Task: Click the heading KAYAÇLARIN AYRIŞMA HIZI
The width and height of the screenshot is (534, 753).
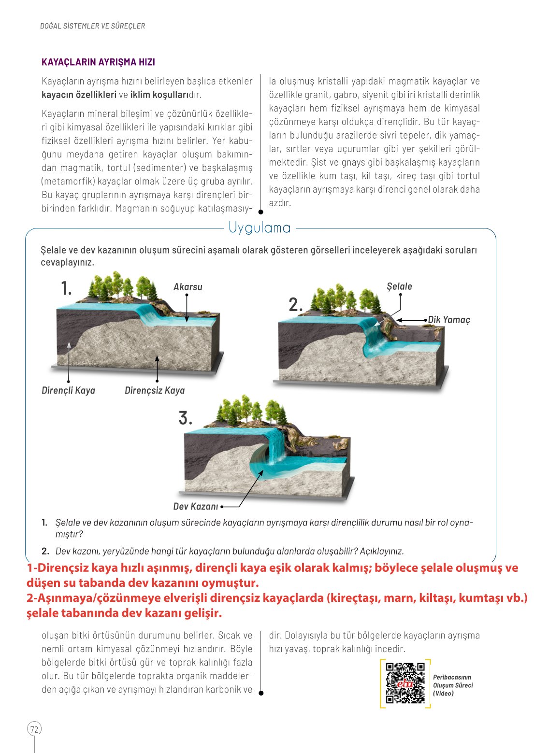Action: coord(98,62)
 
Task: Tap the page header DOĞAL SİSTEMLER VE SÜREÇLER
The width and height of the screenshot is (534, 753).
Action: coord(92,26)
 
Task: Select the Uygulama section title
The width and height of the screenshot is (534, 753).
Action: coord(260,227)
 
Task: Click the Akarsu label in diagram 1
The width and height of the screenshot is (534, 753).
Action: coord(188,287)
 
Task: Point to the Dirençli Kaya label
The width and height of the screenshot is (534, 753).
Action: coord(68,390)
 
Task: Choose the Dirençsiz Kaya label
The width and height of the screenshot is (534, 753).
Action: coord(155,390)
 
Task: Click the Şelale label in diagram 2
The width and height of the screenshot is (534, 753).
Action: coord(399,286)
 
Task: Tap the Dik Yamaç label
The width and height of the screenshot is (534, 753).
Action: coord(449,320)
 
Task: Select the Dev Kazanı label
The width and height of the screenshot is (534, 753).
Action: coord(196,506)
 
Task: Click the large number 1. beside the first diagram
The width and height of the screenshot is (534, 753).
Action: coord(66,289)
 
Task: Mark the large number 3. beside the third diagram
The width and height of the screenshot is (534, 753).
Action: coord(185,418)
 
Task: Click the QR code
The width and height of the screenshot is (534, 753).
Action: coord(405,683)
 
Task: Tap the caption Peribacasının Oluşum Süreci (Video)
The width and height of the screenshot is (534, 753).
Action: coord(453,685)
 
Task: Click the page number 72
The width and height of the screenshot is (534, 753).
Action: coord(34,729)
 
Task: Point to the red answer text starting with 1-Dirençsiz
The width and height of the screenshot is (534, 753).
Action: coord(272,575)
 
